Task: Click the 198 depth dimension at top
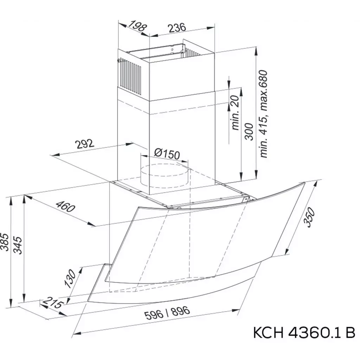tap(137, 26)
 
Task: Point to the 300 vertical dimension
tap(249, 131)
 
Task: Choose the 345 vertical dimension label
tap(18, 245)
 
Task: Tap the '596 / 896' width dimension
tap(167, 313)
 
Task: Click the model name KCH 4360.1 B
tap(304, 332)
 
